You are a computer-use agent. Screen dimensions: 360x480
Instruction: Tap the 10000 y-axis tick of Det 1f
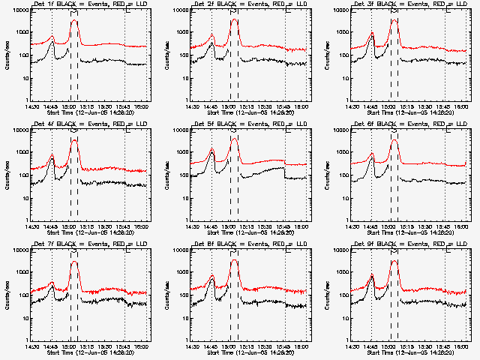tap(19, 10)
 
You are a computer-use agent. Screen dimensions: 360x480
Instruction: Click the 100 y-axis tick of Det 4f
tap(22, 175)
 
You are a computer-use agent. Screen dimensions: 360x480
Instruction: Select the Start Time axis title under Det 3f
tap(409, 112)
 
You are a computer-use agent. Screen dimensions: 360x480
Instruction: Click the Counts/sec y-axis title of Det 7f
tap(7, 295)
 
